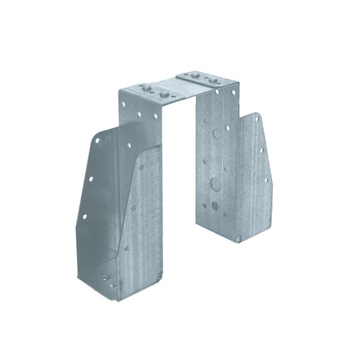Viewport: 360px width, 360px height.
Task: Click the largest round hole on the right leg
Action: pyautogui.click(x=213, y=183)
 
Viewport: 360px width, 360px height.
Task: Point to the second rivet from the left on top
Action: pyautogui.click(x=164, y=95)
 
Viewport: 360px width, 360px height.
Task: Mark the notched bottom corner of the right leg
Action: pyautogui.click(x=238, y=238)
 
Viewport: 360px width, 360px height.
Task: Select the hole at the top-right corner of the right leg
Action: pyautogui.click(x=234, y=93)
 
